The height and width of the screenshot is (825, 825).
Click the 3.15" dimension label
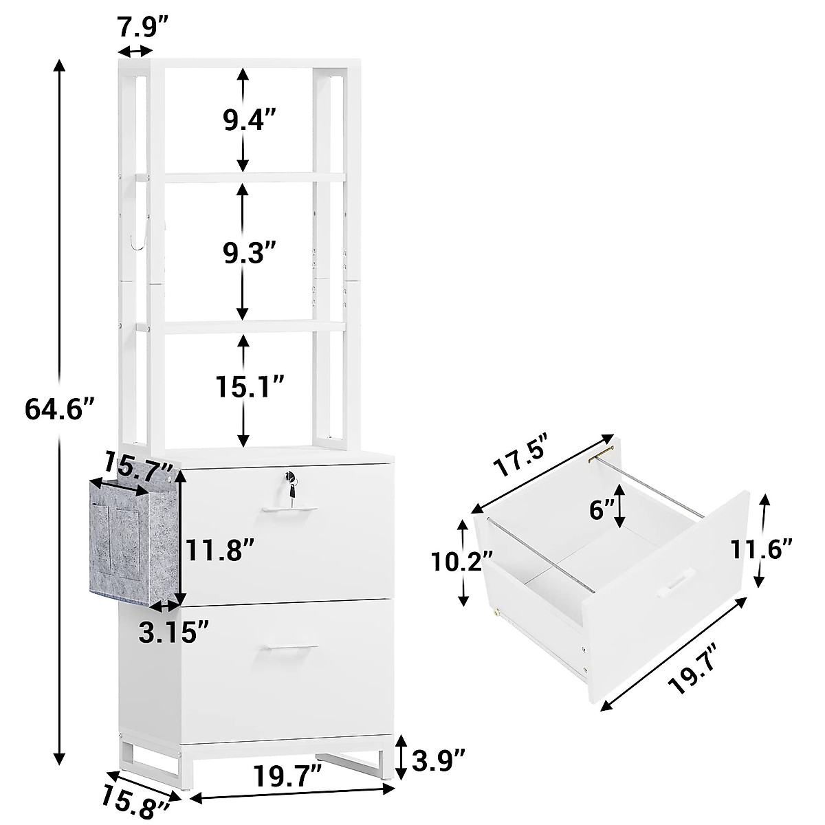click(x=173, y=631)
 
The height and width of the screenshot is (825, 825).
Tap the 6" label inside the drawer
click(x=602, y=510)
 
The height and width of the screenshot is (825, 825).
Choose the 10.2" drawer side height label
click(x=454, y=562)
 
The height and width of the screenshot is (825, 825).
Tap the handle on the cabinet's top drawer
click(x=289, y=509)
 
